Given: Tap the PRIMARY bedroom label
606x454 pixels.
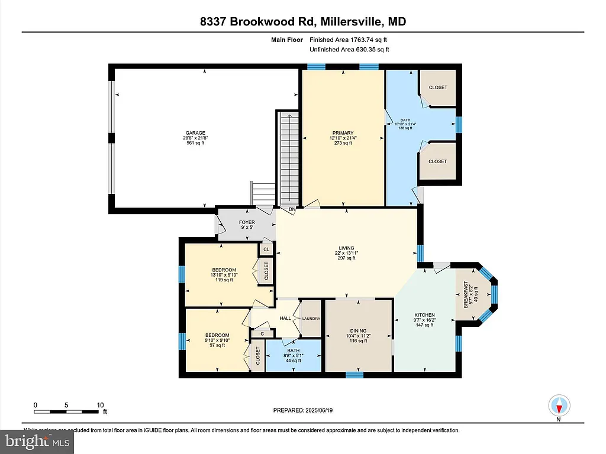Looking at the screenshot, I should pyautogui.click(x=343, y=133).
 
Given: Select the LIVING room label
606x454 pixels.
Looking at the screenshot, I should pyautogui.click(x=346, y=248).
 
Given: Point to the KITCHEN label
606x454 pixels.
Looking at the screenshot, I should pyautogui.click(x=424, y=315).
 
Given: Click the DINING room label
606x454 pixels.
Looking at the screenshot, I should pyautogui.click(x=358, y=331).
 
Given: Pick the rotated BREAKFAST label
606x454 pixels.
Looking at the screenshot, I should pyautogui.click(x=466, y=294).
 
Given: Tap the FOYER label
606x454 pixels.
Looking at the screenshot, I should pyautogui.click(x=247, y=223).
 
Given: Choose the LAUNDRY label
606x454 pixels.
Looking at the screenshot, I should pyautogui.click(x=311, y=319).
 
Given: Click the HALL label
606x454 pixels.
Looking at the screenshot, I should pyautogui.click(x=285, y=318).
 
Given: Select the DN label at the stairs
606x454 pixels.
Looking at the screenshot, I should pyautogui.click(x=292, y=209).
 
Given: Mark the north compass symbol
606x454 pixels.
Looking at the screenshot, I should pyautogui.click(x=559, y=406).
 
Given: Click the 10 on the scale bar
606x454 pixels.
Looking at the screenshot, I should pyautogui.click(x=100, y=405).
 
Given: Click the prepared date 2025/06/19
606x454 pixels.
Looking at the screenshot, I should pyautogui.click(x=324, y=410).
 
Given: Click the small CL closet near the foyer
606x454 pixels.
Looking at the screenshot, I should pyautogui.click(x=267, y=249).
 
